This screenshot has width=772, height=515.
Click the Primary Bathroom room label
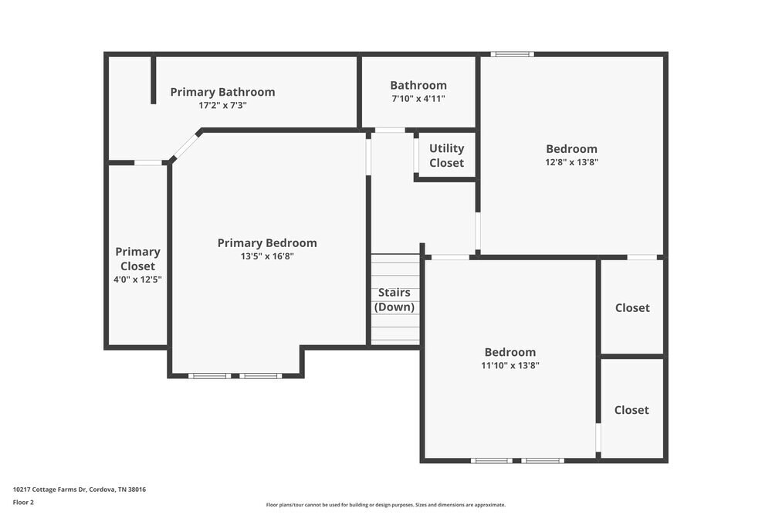tap(222, 92)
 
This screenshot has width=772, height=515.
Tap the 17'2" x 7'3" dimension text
tap(222, 105)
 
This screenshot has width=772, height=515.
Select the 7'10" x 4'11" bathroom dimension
tap(418, 99)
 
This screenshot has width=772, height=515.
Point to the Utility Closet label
tap(446, 155)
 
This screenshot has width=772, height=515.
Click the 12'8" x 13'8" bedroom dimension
tap(571, 162)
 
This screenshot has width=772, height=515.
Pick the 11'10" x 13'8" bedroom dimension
tap(510, 366)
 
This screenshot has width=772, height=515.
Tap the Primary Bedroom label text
tap(267, 242)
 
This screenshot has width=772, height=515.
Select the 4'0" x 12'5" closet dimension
tap(137, 280)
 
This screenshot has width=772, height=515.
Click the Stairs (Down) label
tap(394, 300)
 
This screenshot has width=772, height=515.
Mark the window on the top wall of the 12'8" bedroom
tap(513, 54)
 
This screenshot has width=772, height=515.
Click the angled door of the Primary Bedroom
tap(185, 146)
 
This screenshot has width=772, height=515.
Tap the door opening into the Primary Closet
tap(149, 163)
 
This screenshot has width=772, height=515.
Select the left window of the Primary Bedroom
tap(209, 376)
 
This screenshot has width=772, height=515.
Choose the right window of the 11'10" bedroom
tap(542, 461)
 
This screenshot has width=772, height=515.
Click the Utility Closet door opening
tap(416, 154)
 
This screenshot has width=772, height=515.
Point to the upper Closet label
tap(632, 307)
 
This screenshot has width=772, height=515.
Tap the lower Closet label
tap(631, 410)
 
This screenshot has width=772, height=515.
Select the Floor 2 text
tap(23, 502)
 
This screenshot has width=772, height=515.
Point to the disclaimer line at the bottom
tap(386, 505)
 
